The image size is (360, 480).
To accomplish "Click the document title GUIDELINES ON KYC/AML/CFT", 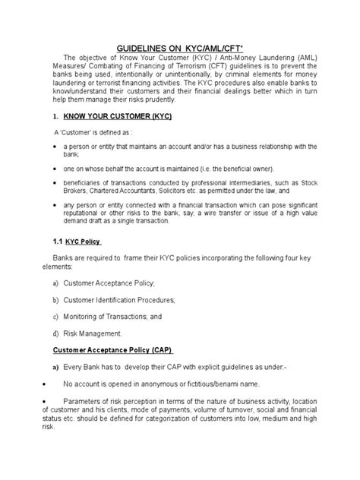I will coord(179,47).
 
